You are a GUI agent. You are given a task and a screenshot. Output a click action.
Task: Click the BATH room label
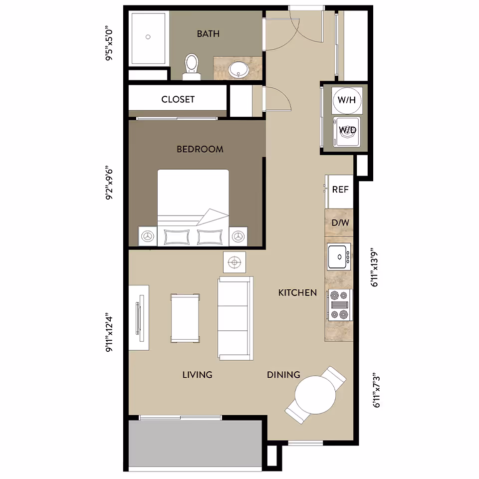coord(208,34)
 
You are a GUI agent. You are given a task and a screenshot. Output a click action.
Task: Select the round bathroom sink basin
coord(239,70)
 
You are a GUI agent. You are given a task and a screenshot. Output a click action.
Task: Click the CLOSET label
coord(178,99)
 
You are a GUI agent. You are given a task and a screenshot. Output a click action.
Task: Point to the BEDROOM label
coord(200,149)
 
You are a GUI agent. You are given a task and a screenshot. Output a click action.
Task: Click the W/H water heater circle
coord(346,100)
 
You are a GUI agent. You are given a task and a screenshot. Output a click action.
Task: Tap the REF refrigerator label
coord(340,190)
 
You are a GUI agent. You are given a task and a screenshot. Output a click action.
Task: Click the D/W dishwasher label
coord(340,223)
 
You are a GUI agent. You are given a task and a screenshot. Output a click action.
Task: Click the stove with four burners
coord(339,304)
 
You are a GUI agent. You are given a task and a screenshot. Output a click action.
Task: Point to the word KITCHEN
coord(297,292)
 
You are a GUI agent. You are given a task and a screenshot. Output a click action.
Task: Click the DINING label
coord(283,374)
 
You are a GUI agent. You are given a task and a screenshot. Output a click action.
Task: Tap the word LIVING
coord(197,374)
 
